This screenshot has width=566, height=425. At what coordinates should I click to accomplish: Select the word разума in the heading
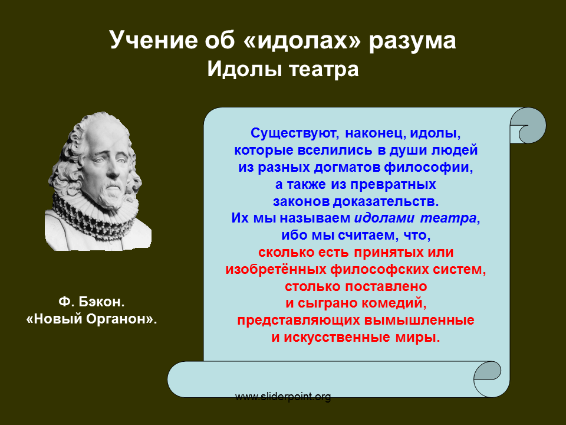click(412, 41)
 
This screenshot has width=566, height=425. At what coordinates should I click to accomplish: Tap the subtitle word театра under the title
click(324, 70)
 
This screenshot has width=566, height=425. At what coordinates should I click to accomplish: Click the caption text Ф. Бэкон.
click(91, 302)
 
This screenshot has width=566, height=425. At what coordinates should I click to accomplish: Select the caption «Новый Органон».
click(92, 319)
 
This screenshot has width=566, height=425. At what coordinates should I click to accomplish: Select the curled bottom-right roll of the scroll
click(488, 379)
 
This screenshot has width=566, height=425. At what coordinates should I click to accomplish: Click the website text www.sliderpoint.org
click(283, 397)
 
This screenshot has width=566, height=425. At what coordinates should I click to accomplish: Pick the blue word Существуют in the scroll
click(295, 133)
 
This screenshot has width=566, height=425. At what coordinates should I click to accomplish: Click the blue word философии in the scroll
click(428, 167)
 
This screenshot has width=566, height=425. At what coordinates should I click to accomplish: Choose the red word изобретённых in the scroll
click(277, 270)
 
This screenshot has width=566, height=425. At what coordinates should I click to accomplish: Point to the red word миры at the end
click(417, 338)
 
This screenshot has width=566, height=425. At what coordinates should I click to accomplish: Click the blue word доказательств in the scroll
click(386, 201)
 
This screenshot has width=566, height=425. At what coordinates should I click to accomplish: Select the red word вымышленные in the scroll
click(419, 320)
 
